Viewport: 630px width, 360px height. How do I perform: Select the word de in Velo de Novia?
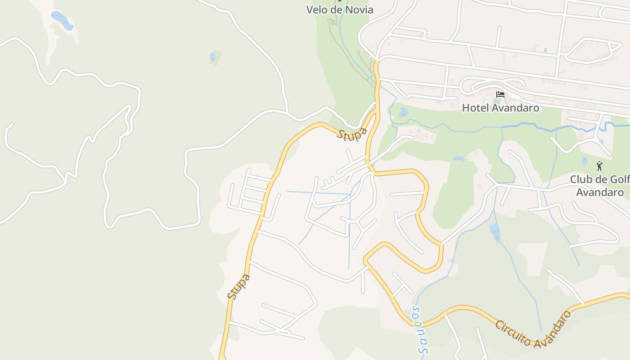click(336, 9)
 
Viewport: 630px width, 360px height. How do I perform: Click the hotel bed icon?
click(500, 94)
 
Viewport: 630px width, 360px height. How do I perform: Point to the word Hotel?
click(476, 108)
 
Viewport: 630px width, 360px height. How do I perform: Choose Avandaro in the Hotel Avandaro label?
click(516, 108)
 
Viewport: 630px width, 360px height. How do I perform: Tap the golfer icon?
click(599, 166)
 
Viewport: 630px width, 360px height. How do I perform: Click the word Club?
click(581, 179)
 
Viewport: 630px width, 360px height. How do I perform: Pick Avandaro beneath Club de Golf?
click(600, 192)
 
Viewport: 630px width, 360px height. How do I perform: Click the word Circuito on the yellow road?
click(513, 333)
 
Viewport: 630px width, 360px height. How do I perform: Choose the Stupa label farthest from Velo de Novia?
click(238, 286)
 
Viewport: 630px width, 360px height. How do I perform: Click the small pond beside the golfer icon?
click(584, 160)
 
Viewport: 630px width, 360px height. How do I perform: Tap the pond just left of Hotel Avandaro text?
click(403, 112)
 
